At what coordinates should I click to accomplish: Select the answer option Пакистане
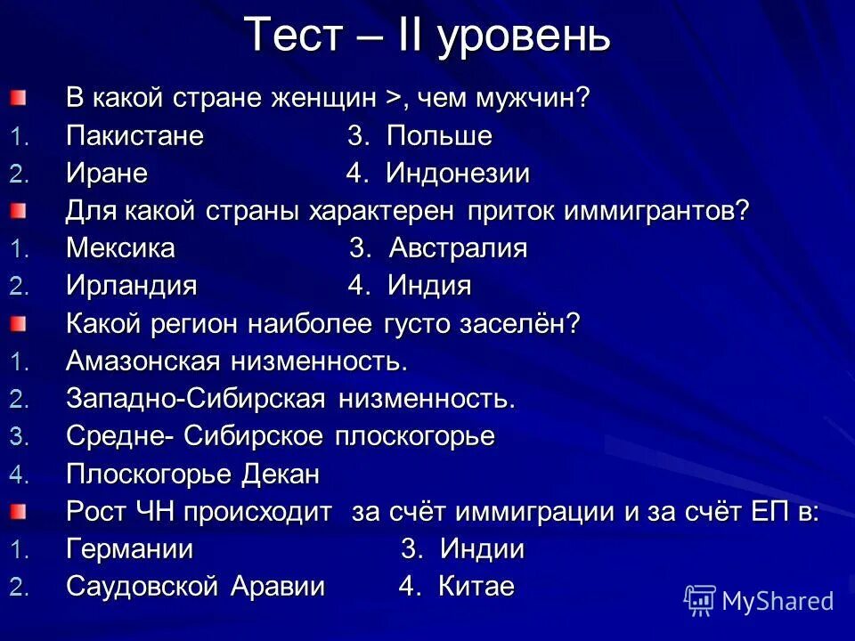[134, 137]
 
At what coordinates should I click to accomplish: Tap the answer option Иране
[107, 174]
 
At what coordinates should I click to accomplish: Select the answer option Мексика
[120, 249]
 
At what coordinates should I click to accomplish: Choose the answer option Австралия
[458, 249]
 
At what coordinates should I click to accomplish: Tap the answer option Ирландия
[131, 287]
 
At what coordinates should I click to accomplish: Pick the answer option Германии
[129, 549]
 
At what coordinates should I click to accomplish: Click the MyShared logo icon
[700, 600]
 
